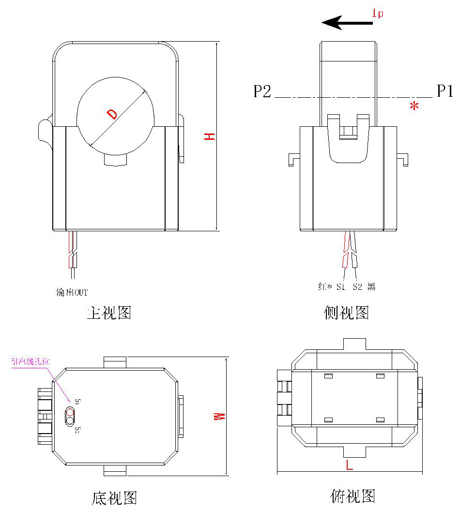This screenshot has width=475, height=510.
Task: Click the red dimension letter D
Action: (x=112, y=114)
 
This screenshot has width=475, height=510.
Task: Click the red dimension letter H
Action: (x=209, y=136)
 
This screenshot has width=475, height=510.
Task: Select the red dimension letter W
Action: (x=220, y=416)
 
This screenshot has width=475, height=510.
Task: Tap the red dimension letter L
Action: (x=349, y=465)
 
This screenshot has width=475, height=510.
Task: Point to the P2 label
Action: (x=262, y=91)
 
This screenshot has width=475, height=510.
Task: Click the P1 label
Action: (x=445, y=91)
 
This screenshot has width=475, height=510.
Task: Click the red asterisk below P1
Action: (x=414, y=107)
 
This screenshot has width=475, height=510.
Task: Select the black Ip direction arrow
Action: (x=347, y=22)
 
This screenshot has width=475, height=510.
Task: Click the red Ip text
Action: (x=377, y=14)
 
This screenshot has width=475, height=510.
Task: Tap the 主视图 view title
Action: (x=109, y=313)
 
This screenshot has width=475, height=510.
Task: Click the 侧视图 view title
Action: (x=346, y=313)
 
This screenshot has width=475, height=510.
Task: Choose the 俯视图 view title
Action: (x=353, y=496)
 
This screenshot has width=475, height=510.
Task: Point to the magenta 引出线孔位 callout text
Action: (x=31, y=361)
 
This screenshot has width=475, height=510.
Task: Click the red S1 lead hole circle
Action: (x=71, y=413)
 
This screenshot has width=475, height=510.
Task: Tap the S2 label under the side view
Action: (x=357, y=286)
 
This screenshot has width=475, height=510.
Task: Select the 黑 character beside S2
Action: (x=371, y=286)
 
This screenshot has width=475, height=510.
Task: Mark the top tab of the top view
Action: (x=355, y=344)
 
